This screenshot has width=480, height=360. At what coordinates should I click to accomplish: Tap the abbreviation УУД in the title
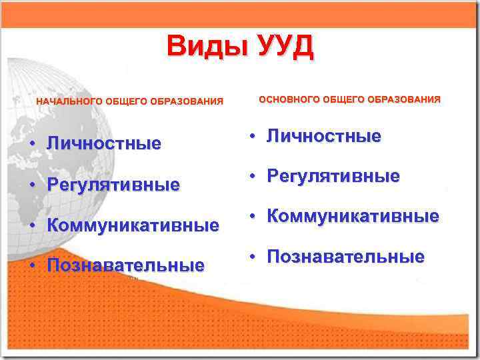click(x=280, y=47)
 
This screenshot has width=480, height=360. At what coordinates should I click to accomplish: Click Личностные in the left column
click(x=104, y=143)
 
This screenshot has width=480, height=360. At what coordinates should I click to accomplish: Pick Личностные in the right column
click(x=324, y=137)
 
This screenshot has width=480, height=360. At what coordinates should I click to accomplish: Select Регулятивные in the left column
click(x=113, y=185)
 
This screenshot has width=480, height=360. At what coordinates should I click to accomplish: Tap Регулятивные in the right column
click(x=333, y=177)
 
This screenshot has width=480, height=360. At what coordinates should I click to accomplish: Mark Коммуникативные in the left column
click(x=133, y=225)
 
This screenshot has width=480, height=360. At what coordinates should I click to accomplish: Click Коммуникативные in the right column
click(x=353, y=217)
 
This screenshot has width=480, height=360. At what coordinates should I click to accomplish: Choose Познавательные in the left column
click(x=125, y=266)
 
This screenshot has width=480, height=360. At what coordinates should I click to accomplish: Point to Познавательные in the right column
click(x=345, y=257)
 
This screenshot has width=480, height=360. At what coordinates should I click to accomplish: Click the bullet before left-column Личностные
click(x=32, y=144)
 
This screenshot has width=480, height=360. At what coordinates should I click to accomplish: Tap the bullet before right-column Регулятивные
click(x=253, y=177)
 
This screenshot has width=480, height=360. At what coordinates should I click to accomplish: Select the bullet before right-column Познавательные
click(x=253, y=258)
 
